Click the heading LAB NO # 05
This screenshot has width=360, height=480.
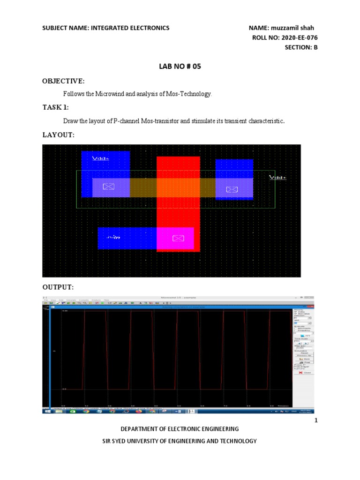click(180, 67)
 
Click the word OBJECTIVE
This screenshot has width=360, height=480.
click(63, 81)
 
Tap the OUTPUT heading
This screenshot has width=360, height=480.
click(58, 286)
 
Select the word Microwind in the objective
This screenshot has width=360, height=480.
click(111, 94)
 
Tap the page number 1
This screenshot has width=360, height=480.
click(316, 420)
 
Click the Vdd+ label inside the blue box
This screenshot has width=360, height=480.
click(100, 158)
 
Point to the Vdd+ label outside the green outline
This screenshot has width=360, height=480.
click(277, 177)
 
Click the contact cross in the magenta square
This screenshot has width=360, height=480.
click(178, 238)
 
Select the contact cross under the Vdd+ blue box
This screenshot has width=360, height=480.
click(108, 187)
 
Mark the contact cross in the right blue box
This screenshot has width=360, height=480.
click(232, 189)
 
